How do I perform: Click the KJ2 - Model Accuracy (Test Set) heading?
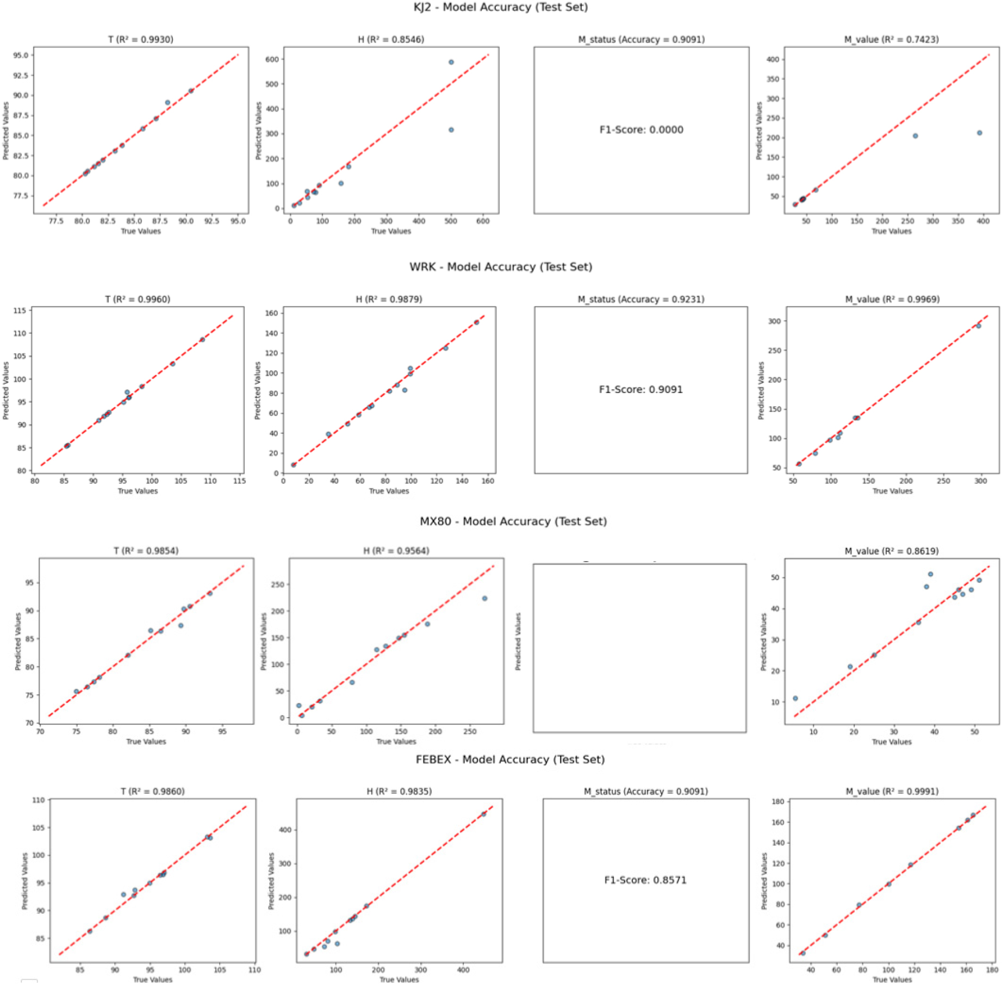point(500,8)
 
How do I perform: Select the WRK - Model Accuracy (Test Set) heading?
point(500,267)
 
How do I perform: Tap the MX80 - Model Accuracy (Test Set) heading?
point(513,521)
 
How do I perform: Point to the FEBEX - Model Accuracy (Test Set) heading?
point(510,759)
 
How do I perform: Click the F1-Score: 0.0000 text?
point(641,130)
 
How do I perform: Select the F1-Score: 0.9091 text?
point(640,390)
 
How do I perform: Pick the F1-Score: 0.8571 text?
point(645,880)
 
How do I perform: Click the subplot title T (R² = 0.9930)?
point(141,40)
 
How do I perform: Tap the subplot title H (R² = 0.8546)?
point(391,40)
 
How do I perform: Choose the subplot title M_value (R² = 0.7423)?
point(891,40)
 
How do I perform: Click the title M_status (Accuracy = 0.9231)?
point(640,300)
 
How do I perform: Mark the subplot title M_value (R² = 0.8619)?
point(891,551)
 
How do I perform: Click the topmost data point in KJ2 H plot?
point(451,63)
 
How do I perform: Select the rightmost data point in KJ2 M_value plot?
point(979,133)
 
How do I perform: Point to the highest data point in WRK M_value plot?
point(978,326)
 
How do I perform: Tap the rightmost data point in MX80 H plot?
point(484,599)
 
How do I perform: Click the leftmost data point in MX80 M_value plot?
point(795,699)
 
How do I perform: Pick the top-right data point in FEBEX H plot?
point(483,814)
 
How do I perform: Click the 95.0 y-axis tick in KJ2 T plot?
point(21,55)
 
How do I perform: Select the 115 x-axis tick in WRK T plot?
point(239,481)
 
